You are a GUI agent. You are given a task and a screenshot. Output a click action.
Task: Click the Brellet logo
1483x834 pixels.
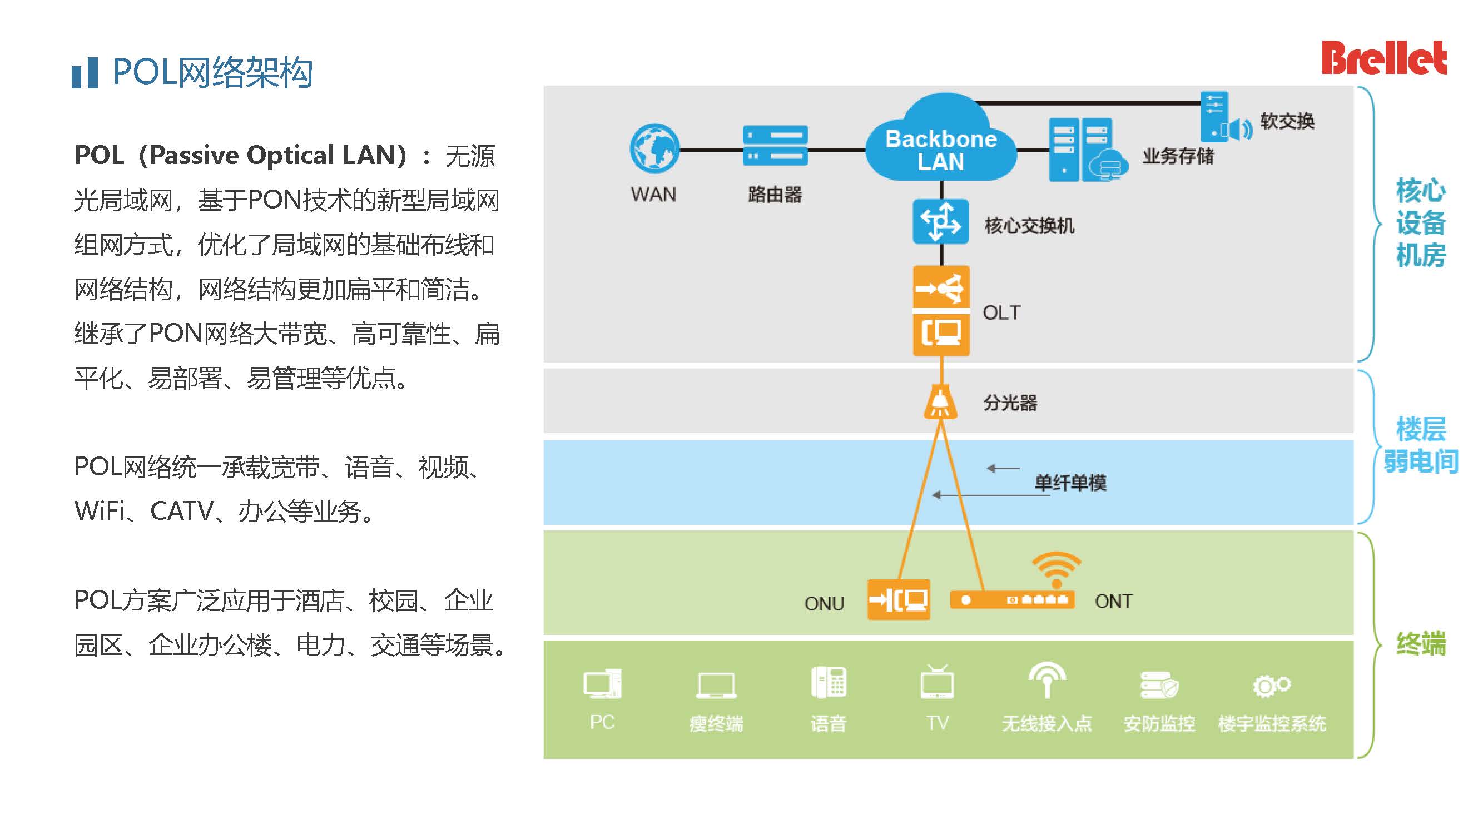coord(1383,58)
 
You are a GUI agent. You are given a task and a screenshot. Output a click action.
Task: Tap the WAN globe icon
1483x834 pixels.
coord(654,148)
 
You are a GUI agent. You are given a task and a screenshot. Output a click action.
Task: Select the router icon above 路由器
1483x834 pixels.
coord(775,146)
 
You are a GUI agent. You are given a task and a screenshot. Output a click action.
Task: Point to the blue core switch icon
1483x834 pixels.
coord(940,222)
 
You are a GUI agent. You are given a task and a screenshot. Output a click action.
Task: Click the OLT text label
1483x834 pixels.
coord(1001,312)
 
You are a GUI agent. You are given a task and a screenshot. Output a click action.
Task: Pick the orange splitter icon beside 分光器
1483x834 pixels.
coord(940,403)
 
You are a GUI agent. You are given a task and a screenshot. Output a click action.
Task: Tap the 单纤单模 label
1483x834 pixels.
coord(1070,482)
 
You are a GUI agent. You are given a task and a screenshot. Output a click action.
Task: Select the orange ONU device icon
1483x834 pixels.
coord(898,600)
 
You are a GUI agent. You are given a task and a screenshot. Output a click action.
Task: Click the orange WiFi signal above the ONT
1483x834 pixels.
coord(1057,568)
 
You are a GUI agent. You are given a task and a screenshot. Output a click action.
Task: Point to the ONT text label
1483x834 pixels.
coord(1113,602)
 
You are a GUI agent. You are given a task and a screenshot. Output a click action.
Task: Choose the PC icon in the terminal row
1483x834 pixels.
coord(602,684)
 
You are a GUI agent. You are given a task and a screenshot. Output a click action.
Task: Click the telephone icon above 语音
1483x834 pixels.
coord(829,683)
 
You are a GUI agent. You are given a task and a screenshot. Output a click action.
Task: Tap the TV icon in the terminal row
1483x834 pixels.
coord(938,683)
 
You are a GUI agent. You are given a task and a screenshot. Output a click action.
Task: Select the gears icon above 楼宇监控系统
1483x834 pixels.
coord(1271,685)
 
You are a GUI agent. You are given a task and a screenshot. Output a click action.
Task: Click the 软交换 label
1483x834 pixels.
coord(1287,121)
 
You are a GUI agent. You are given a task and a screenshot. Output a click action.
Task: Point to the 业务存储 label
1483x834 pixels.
coord(1178,156)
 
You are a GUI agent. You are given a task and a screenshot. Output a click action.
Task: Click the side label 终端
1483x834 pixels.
coord(1421,643)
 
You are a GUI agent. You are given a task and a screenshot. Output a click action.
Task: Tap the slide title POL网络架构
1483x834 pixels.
coord(212,72)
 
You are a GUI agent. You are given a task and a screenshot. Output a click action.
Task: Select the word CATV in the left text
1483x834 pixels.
coord(182,511)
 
